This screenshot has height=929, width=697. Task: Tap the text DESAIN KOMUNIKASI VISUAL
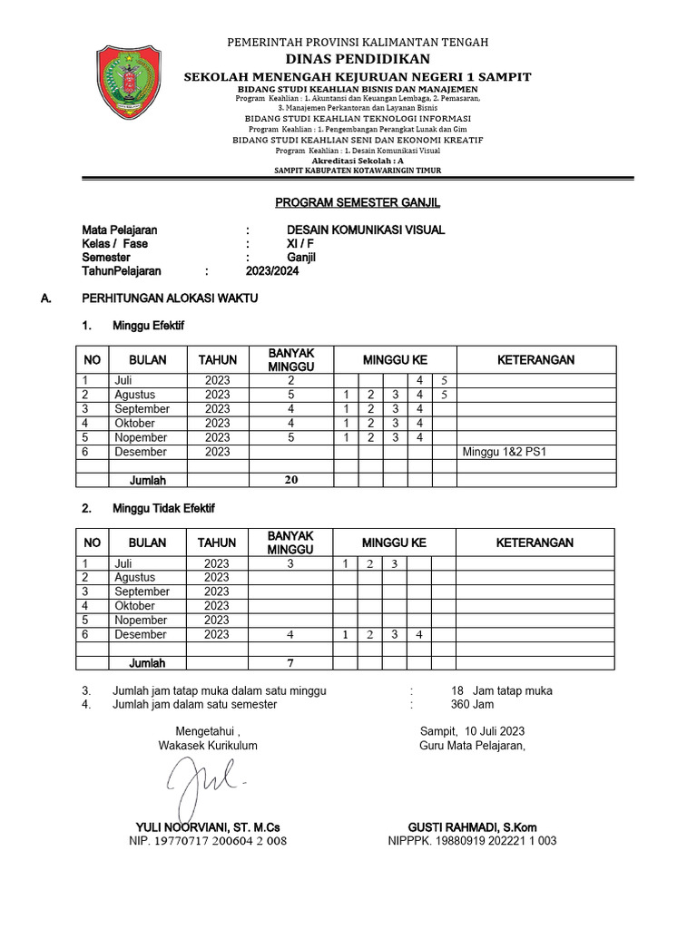point(366,230)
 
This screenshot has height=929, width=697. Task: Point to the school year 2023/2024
point(271,270)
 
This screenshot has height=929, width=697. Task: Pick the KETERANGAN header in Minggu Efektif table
point(535,360)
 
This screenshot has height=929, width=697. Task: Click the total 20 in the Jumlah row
point(290,480)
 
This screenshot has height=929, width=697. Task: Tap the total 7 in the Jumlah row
point(290,663)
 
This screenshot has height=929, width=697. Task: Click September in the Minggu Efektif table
point(142,409)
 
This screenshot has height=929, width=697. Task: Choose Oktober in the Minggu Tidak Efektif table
point(134,606)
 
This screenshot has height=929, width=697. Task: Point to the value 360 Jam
point(472,704)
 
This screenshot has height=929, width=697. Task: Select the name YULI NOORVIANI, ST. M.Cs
point(208,827)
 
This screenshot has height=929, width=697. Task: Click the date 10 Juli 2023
point(494,731)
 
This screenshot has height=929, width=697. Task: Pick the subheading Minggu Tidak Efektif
point(163,509)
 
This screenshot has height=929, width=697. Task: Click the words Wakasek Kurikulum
point(208,746)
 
